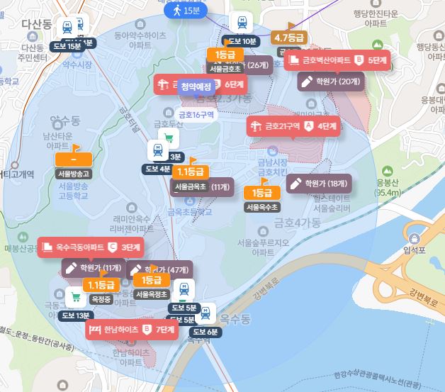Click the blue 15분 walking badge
tap(184, 11)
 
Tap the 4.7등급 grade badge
tap(288, 38)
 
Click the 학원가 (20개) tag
tap(330, 81)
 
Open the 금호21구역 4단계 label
tap(293, 126)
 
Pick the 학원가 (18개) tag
tap(319, 183)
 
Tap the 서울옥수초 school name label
tap(262, 208)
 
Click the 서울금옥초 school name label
tap(190, 187)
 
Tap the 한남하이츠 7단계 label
tap(131, 330)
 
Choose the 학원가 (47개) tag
tap(159, 269)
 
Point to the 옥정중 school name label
tap(101, 300)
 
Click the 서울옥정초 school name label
tap(151, 294)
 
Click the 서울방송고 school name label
tap(74, 173)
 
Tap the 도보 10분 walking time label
tap(239, 41)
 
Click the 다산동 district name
tap(37, 25)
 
